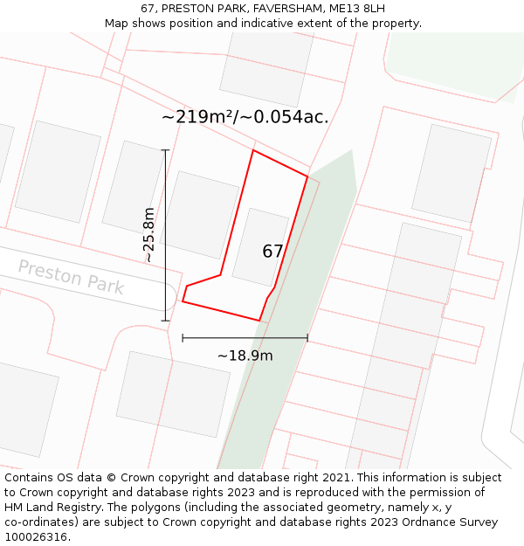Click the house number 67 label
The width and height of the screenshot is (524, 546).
pos(272,252)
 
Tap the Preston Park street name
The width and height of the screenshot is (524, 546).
pos(71,277)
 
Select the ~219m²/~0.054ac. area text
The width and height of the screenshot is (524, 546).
pos(245,117)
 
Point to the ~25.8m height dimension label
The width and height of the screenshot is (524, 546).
pos(148,235)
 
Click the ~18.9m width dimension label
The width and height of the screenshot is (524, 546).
pos(245,356)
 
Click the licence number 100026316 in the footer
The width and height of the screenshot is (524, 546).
pos(36,537)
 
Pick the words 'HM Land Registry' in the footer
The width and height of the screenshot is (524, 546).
pos(48,508)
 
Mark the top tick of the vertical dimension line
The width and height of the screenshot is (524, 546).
pos(165,150)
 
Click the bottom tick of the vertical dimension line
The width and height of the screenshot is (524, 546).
pos(165,321)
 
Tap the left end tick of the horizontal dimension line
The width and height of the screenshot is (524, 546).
pos(183,338)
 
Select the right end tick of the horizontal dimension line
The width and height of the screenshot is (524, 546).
pos(307,338)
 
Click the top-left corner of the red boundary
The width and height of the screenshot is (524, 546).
pos(253,150)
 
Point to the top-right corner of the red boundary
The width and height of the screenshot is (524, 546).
pos(307,176)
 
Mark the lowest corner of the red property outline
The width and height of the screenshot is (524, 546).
pos(259,321)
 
